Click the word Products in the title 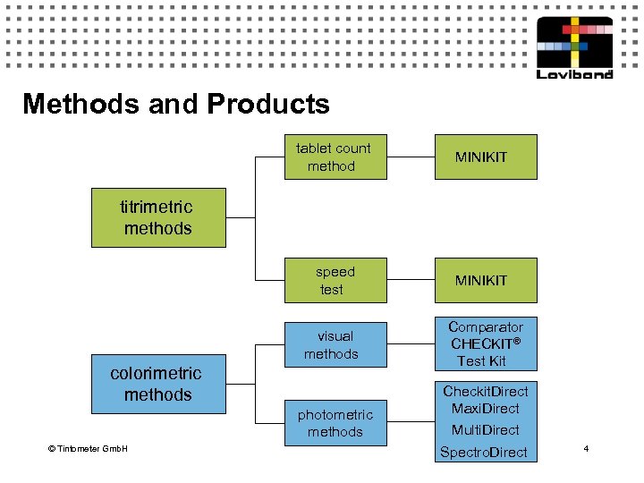coord(268,105)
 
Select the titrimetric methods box coord(158,217)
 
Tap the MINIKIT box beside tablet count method coord(481,157)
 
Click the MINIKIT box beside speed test coord(481,281)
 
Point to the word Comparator coord(485,327)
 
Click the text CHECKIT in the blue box coord(480,344)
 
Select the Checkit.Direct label coord(485,392)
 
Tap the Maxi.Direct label coord(485,409)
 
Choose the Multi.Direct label coord(485,430)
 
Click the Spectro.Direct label coord(484,453)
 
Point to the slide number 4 coord(586,447)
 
